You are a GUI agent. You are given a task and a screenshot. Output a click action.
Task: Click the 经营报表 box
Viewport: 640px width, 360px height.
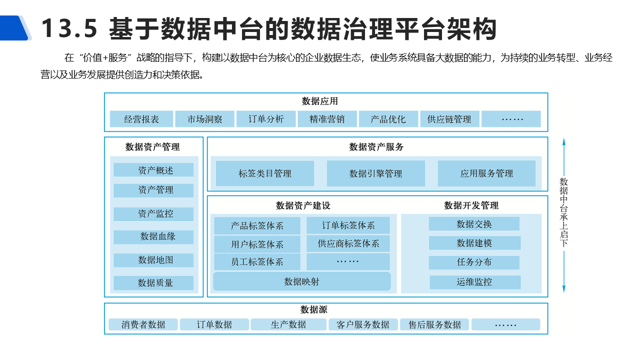(141, 119)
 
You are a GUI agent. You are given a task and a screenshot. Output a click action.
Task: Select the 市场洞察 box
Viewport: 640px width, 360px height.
(204, 119)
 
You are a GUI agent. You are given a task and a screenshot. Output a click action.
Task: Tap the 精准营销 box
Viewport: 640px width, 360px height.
(327, 119)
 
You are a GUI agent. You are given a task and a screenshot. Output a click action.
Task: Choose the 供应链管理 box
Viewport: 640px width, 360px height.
(449, 119)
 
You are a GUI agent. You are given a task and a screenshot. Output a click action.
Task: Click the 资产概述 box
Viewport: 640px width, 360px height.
(153, 170)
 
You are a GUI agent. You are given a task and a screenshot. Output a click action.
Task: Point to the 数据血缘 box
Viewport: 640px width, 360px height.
(153, 236)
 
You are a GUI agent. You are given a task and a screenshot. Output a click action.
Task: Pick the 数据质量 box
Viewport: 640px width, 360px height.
(153, 282)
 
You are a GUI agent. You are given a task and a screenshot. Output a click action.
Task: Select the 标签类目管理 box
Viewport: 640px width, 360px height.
(265, 173)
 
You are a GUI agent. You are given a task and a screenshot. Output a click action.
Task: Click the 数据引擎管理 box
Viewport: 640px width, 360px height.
(375, 173)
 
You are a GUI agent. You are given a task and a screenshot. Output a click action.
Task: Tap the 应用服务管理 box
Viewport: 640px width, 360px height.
(486, 173)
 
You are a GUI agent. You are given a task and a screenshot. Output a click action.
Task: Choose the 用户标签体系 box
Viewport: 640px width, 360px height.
(257, 244)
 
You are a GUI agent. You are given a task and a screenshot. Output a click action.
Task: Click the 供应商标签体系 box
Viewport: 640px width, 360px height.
(348, 243)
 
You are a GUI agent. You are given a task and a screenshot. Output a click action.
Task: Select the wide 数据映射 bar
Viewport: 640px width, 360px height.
(302, 281)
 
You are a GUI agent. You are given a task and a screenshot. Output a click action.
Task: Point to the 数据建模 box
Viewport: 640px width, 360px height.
(474, 243)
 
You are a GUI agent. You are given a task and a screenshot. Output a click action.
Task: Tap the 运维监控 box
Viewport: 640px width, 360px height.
(474, 282)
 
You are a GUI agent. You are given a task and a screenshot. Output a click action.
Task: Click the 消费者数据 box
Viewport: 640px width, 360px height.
(143, 324)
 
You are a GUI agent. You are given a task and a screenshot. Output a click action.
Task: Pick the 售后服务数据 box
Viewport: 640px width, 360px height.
(434, 324)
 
